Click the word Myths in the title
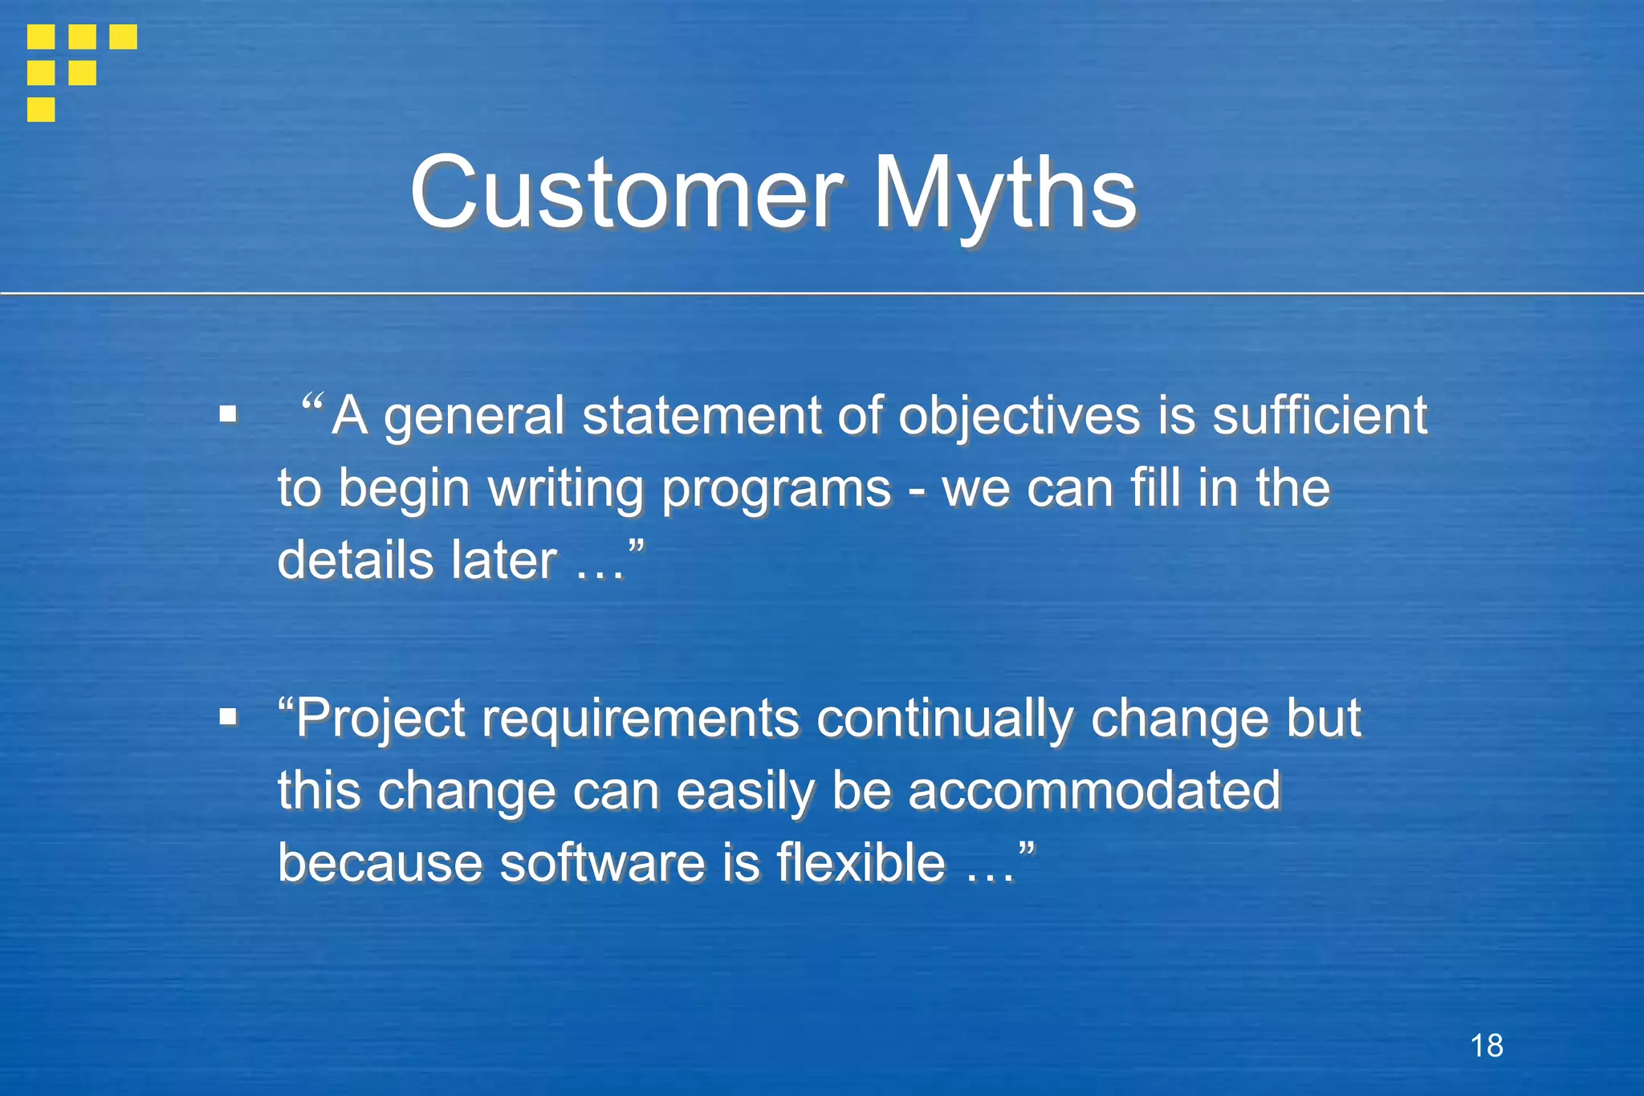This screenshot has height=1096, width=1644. click(1004, 193)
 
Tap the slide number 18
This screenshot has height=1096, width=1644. click(1487, 1045)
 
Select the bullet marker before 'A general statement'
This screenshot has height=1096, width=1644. click(229, 415)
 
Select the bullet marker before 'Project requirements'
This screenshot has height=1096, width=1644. click(229, 716)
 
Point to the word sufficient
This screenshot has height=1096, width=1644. click(1319, 415)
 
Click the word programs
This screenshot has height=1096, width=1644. click(776, 489)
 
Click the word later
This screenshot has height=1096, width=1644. click(503, 560)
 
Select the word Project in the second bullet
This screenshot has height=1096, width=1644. click(380, 718)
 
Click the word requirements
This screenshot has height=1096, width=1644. click(640, 718)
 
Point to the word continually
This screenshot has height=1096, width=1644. click(944, 718)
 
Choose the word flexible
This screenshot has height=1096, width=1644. click(861, 862)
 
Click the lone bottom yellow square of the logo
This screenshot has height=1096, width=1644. click(41, 109)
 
